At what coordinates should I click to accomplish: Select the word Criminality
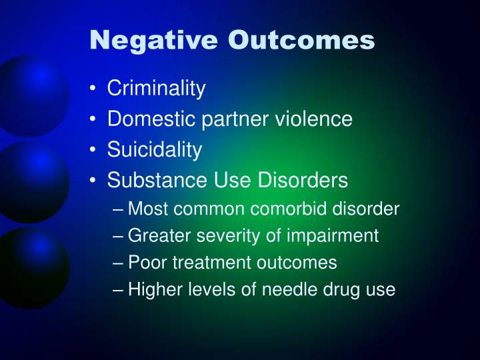[157, 88]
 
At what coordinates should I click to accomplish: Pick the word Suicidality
[154, 150]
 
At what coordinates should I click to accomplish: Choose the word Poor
[145, 263]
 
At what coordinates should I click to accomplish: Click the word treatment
[207, 263]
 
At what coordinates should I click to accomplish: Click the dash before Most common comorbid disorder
[119, 210]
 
